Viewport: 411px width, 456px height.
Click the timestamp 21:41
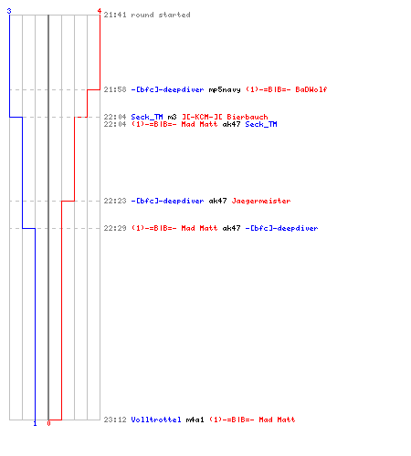click(x=115, y=15)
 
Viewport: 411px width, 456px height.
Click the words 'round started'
click(x=161, y=15)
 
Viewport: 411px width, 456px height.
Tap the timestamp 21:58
click(x=115, y=89)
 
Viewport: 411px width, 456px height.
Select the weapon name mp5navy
click(x=225, y=89)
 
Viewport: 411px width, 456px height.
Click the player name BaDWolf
click(x=311, y=89)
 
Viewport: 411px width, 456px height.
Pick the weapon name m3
click(x=172, y=117)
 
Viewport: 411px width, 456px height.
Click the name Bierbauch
click(x=248, y=117)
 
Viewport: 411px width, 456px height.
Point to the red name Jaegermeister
click(x=261, y=201)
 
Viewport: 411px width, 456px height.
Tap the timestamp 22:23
click(x=115, y=201)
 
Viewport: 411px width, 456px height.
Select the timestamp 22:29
click(x=115, y=228)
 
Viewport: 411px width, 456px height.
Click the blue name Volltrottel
click(x=156, y=420)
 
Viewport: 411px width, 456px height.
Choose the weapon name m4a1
click(x=195, y=420)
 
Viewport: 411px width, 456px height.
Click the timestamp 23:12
click(x=115, y=420)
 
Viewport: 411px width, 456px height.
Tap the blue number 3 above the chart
click(x=9, y=11)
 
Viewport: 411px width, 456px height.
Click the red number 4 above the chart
click(x=99, y=11)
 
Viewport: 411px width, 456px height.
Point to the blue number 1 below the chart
click(x=35, y=423)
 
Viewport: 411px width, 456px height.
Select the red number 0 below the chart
click(x=48, y=423)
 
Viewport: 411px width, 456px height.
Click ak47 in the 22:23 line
click(x=217, y=201)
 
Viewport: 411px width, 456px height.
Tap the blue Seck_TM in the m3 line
click(x=147, y=117)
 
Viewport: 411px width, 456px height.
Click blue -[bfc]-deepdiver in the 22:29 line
click(x=281, y=228)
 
